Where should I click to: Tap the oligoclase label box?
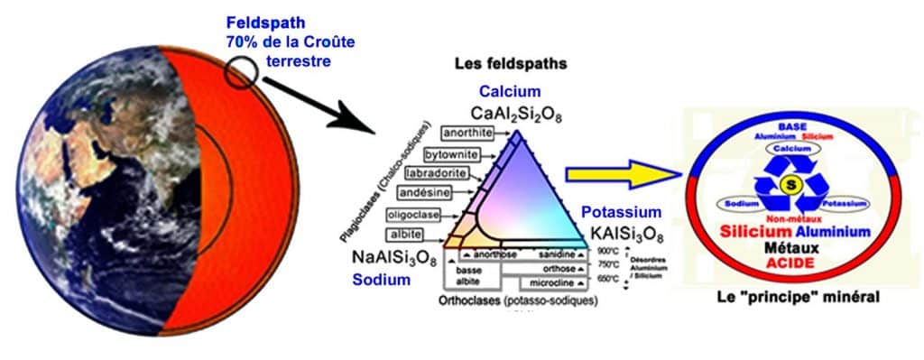pyautogui.click(x=411, y=215)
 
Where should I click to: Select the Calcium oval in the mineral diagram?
pyautogui.click(x=791, y=148)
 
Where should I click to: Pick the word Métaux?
pyautogui.click(x=791, y=246)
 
